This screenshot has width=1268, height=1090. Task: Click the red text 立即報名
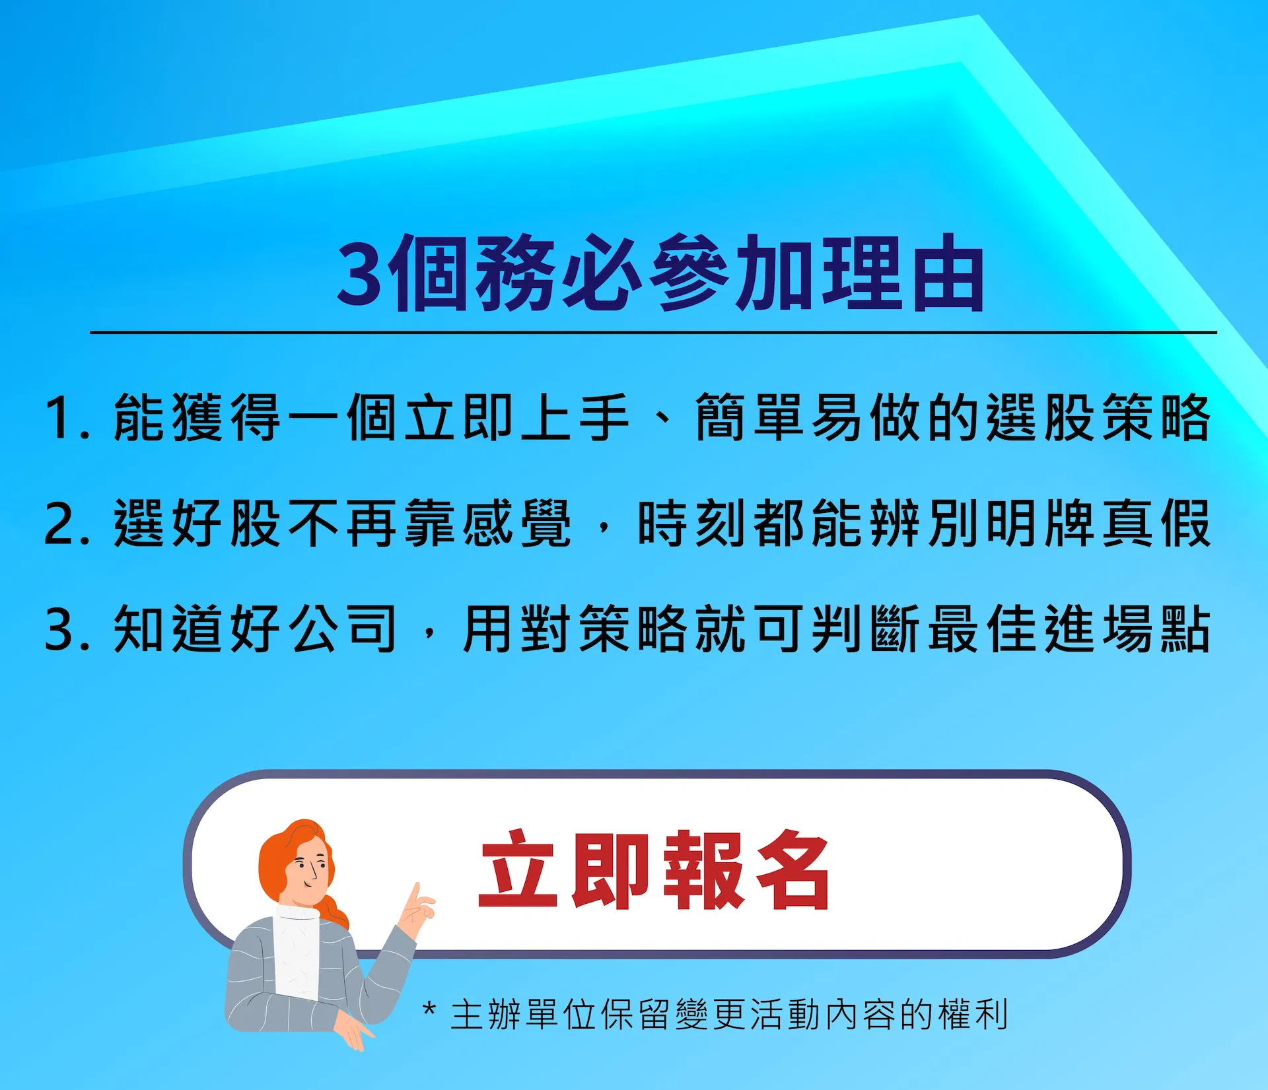tap(654, 869)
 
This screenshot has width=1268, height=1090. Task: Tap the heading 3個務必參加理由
tap(660, 272)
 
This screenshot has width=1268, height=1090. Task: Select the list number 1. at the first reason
tap(67, 417)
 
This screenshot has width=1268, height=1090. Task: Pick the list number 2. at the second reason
tap(67, 523)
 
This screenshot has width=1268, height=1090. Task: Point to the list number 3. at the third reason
tap(67, 629)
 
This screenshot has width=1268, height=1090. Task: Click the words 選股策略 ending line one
tap(1098, 417)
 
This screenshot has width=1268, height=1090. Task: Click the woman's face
tap(308, 872)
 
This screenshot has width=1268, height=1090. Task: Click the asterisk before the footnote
tap(429, 1009)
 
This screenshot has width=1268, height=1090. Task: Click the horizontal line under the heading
tap(653, 333)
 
